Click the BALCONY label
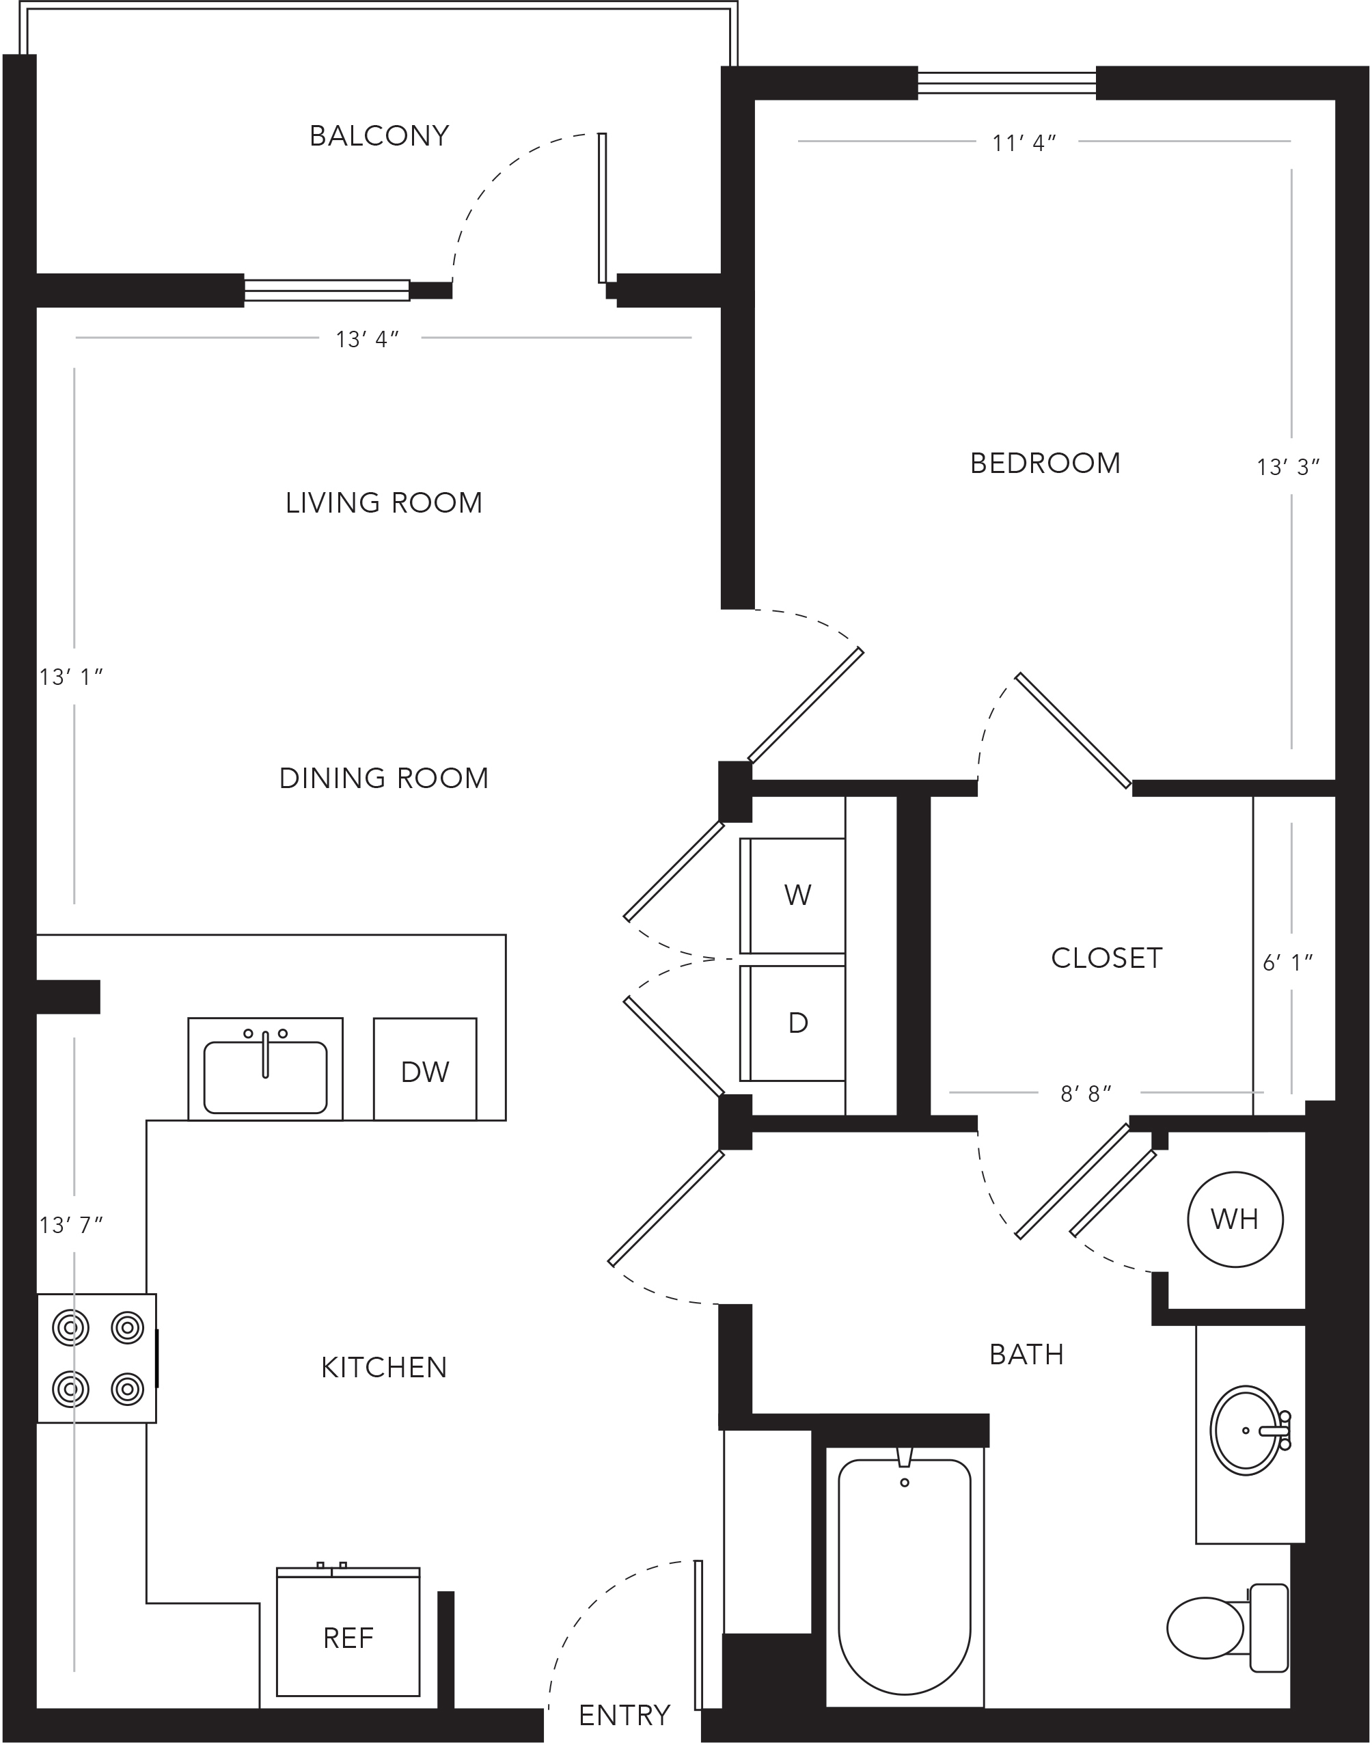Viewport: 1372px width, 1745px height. point(379,136)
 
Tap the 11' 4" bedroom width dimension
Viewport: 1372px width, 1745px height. point(1024,143)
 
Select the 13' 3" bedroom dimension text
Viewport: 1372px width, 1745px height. point(1289,467)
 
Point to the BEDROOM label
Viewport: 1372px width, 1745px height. point(1045,463)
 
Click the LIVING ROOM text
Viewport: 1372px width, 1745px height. point(384,503)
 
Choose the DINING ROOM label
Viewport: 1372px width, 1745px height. point(384,778)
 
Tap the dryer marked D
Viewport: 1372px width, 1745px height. point(793,1023)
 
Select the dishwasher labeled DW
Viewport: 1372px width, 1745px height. point(425,1069)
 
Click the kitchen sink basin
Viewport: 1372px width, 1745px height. point(265,1077)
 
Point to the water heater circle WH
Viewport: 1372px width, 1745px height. point(1235,1219)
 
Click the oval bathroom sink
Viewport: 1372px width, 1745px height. point(1248,1430)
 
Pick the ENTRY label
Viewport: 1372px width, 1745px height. point(624,1716)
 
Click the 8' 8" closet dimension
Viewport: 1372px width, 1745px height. point(1086,1094)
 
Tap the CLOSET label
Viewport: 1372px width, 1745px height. point(1106,958)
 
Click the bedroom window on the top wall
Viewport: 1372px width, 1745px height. point(1006,83)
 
